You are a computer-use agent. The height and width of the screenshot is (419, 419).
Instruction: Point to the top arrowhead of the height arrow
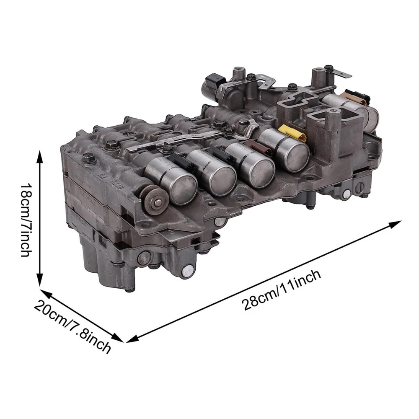point(40,157)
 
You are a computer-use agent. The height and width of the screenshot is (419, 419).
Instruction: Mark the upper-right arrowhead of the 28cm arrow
point(396,224)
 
